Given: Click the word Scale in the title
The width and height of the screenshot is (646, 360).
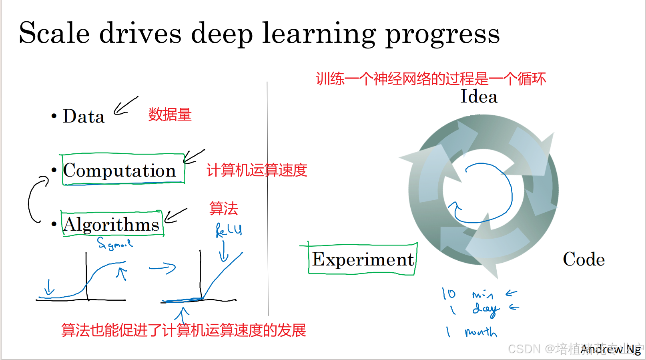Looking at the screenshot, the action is [54, 33].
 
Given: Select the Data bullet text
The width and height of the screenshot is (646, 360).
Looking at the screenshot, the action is [83, 117].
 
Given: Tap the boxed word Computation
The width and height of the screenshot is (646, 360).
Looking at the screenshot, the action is [120, 171].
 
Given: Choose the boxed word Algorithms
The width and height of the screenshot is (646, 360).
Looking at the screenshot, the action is [111, 224].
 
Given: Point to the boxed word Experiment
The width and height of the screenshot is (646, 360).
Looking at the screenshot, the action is [363, 259].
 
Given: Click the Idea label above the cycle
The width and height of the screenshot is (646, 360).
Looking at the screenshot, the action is [479, 97].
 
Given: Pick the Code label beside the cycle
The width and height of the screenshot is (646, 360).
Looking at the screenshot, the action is [584, 259].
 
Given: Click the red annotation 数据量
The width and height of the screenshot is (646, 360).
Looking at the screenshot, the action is [170, 115].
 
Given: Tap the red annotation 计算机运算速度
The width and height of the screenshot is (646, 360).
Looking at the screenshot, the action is [257, 170].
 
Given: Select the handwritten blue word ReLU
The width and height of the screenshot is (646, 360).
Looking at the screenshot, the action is [229, 230].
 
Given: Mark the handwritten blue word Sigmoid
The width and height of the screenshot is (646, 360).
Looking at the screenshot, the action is [114, 243].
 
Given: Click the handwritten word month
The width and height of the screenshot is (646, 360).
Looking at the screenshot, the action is [481, 332].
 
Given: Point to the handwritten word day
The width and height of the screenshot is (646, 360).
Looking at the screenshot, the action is [486, 309].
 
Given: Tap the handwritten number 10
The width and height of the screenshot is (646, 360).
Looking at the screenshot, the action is [449, 294].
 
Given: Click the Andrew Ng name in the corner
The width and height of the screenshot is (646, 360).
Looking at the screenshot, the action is [611, 349].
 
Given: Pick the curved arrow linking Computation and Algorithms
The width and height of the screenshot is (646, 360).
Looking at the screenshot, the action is [36, 199].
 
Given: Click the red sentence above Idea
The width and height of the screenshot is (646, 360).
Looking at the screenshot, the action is [431, 79].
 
